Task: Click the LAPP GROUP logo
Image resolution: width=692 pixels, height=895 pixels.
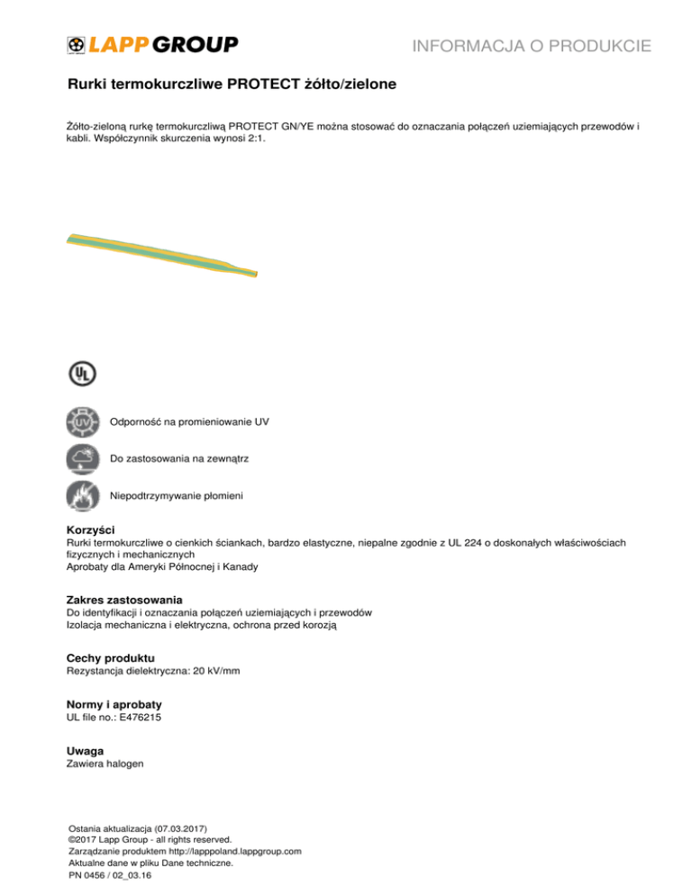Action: pos(152,44)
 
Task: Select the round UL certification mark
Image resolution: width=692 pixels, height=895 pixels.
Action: pos(82,374)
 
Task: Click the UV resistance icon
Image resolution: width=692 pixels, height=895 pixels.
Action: pos(82,421)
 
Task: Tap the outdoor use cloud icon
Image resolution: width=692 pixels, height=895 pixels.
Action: pos(82,459)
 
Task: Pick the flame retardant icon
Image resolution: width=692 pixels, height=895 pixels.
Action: pos(82,496)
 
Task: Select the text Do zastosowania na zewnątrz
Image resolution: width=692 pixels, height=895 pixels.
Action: pos(179,459)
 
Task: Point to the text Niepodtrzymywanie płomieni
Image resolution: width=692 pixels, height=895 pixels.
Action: pos(177,496)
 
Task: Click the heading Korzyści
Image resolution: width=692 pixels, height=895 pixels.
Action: pos(91,529)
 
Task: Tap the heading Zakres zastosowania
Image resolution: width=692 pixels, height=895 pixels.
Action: pos(125,599)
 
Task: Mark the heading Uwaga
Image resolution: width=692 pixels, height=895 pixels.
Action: pos(86,750)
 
